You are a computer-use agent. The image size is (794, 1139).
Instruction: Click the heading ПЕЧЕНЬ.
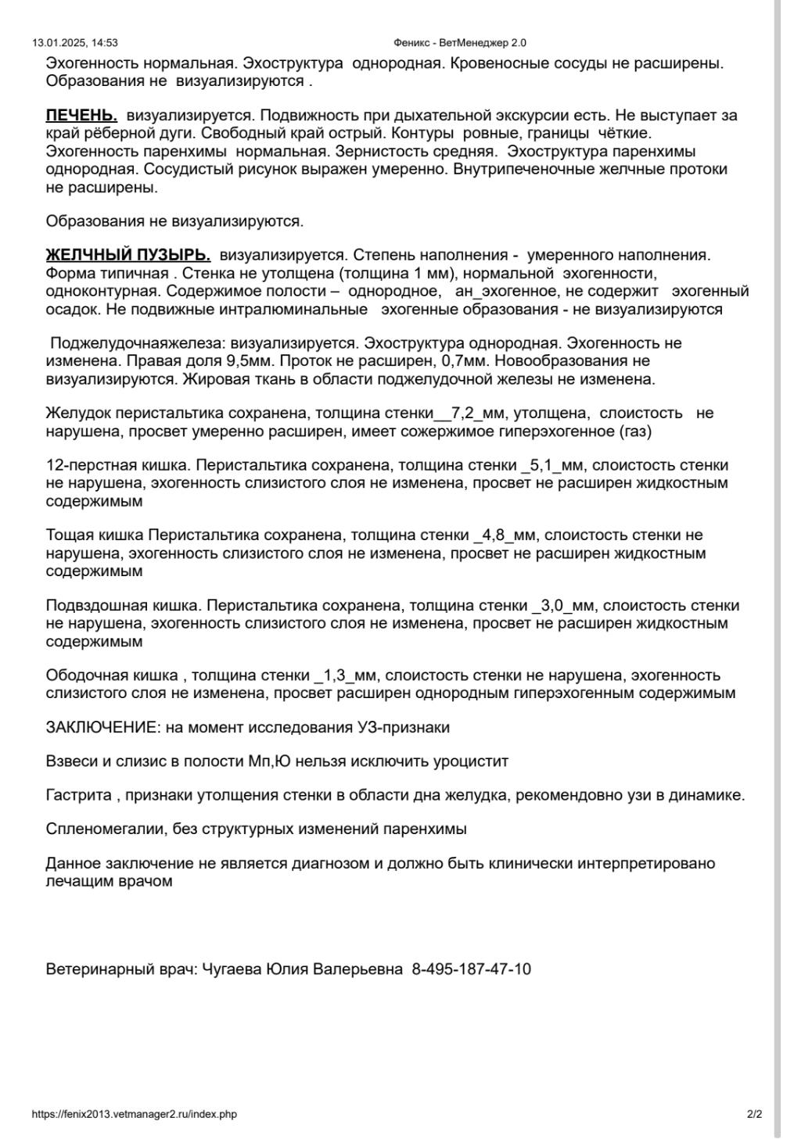(81, 116)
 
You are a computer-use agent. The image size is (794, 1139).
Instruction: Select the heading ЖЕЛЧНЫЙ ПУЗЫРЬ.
(128, 255)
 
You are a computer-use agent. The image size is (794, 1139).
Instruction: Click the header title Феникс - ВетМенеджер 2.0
(460, 43)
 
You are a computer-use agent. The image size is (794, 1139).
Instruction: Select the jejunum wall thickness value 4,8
(494, 535)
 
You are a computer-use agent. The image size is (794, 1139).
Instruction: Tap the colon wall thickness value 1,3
(339, 675)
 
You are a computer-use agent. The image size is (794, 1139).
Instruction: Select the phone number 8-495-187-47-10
(471, 969)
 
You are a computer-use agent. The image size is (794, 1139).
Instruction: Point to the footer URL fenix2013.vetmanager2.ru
(134, 1114)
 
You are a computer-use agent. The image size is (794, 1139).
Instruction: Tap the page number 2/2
(754, 1114)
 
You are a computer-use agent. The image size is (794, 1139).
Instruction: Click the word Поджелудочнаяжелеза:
(138, 343)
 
